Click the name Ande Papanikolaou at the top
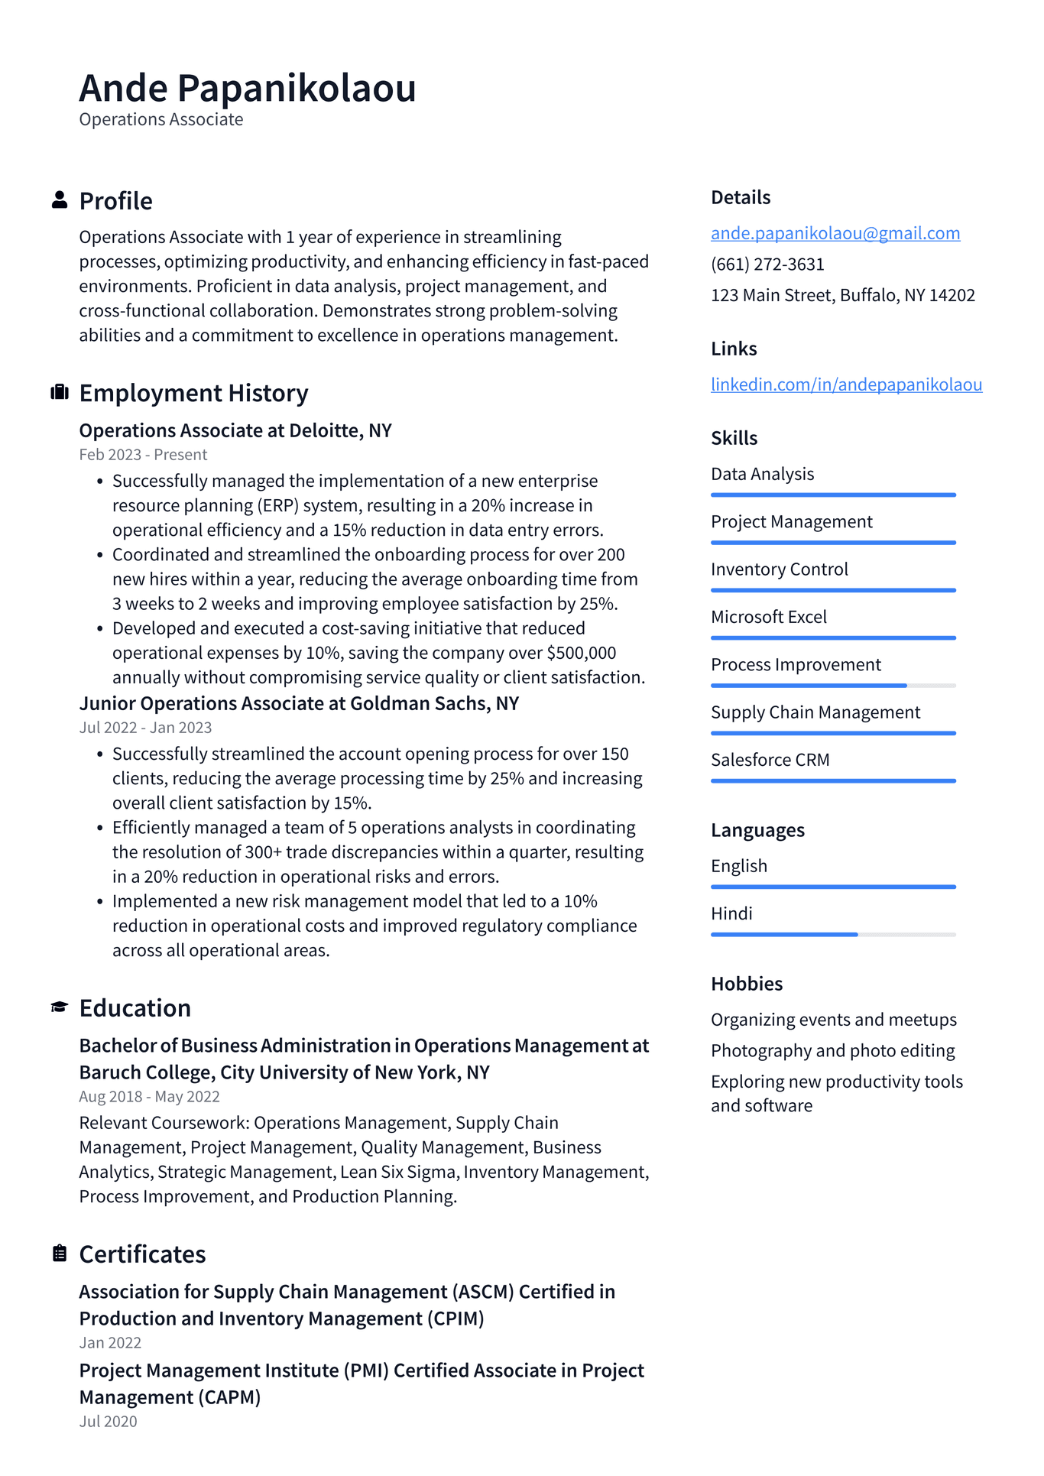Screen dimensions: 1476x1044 point(248,88)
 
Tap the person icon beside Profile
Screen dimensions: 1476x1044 point(59,200)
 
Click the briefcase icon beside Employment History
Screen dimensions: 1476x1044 point(59,392)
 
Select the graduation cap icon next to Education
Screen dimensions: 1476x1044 point(59,1007)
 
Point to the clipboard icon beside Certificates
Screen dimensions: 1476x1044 point(59,1254)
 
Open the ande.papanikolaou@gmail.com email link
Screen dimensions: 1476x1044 point(835,233)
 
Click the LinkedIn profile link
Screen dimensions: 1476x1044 point(846,384)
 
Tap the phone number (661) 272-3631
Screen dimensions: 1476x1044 point(767,264)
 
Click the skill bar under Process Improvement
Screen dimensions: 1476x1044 point(832,686)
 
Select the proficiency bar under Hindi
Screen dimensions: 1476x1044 point(832,934)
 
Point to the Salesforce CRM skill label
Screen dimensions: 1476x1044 point(770,760)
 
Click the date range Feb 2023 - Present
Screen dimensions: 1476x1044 point(143,455)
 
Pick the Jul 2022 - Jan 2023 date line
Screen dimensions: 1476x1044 point(145,728)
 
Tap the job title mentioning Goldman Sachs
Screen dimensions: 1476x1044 point(299,703)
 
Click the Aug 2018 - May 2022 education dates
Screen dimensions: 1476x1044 point(149,1096)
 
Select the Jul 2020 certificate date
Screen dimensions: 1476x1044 point(108,1421)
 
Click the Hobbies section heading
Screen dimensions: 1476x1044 point(746,984)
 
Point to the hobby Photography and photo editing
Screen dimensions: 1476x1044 point(832,1051)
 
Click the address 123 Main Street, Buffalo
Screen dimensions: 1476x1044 point(842,295)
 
